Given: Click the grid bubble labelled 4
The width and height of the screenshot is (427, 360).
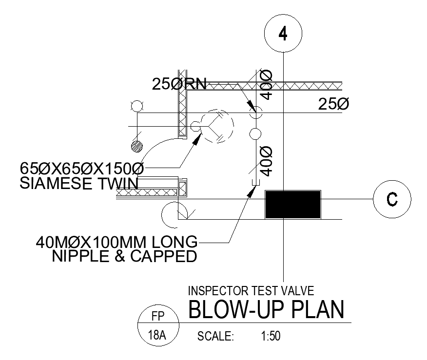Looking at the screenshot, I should (283, 34).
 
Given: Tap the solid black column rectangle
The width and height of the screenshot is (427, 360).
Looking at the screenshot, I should (292, 205).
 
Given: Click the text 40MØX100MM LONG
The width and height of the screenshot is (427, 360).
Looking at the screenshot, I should (117, 242).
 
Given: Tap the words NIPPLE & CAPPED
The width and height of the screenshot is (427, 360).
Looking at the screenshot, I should (124, 256).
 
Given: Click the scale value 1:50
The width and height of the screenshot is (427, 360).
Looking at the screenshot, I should (267, 336).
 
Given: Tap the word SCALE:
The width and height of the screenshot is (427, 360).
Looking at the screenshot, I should (216, 336).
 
